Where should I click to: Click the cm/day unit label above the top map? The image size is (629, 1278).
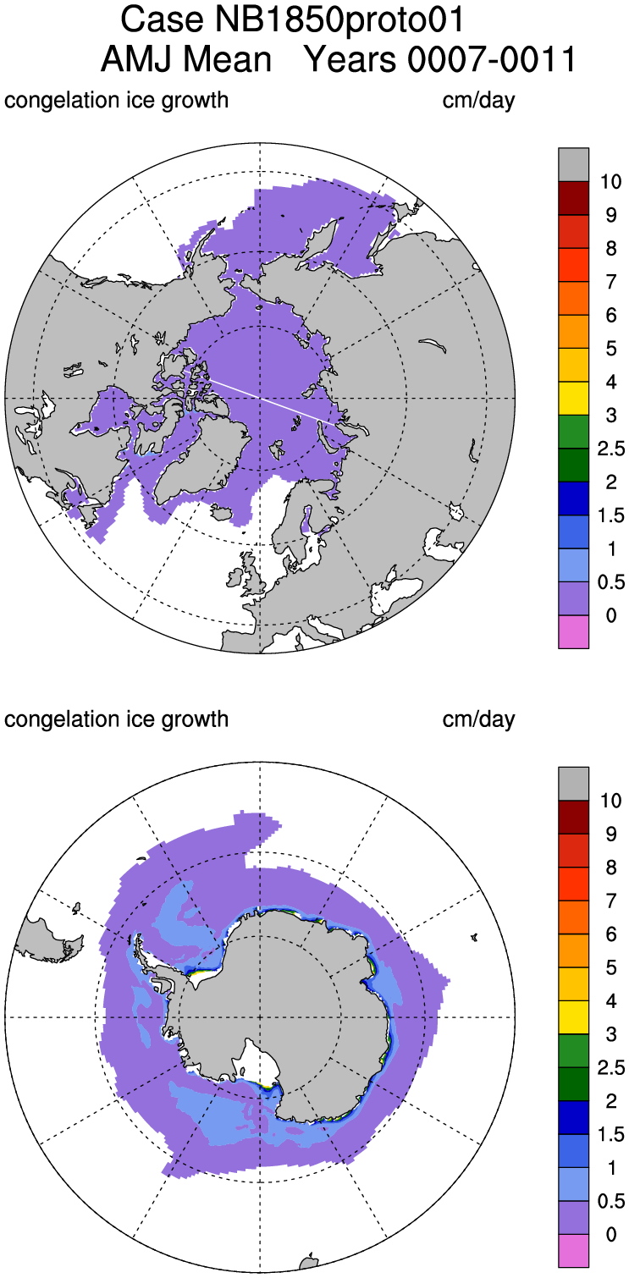(x=478, y=101)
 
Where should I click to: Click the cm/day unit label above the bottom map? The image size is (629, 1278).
(x=478, y=719)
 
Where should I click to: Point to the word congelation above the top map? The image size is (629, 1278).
(x=55, y=101)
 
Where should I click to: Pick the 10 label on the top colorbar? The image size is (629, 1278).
(x=610, y=181)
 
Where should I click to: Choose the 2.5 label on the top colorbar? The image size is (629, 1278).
(x=610, y=449)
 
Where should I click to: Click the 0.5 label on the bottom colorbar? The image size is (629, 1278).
(x=610, y=1202)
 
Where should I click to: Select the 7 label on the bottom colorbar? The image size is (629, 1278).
(x=610, y=901)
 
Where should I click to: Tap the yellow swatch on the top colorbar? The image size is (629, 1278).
(x=573, y=399)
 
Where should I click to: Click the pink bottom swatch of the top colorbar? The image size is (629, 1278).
(x=573, y=631)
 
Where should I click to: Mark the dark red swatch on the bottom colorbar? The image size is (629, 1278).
(x=573, y=818)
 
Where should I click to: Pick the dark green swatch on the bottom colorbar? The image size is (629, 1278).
(x=573, y=1084)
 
